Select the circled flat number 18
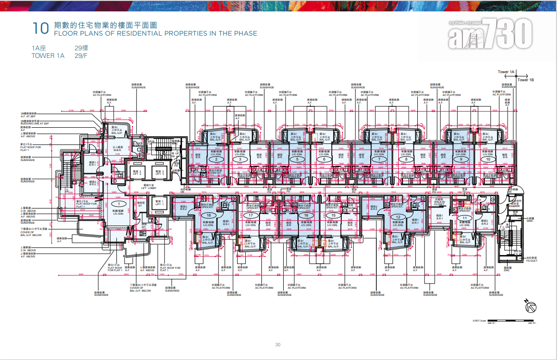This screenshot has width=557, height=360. [x=209, y=215]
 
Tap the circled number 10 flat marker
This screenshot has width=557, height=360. [x=488, y=160]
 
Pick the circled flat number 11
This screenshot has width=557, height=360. [x=464, y=218]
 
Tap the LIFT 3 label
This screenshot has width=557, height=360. [x=159, y=172]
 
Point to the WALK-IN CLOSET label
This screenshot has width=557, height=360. [x=439, y=203]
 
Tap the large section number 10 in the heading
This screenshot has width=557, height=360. [x=40, y=28]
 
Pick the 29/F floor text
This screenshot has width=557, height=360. [x=81, y=56]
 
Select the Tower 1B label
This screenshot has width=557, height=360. [x=526, y=80]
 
